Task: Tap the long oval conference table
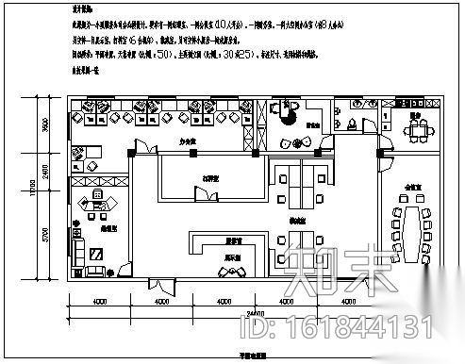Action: point(411,227)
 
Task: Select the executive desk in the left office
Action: point(98,201)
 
